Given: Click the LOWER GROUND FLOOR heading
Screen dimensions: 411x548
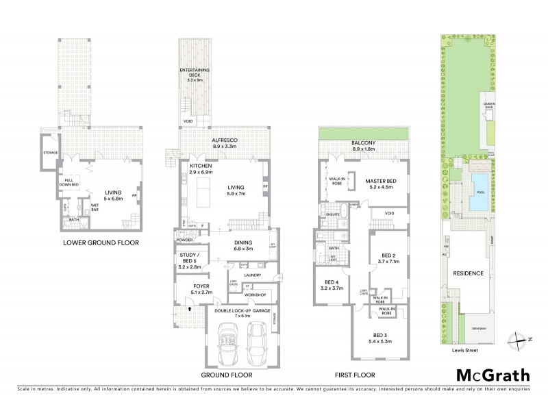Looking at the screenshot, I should (x=101, y=242).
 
